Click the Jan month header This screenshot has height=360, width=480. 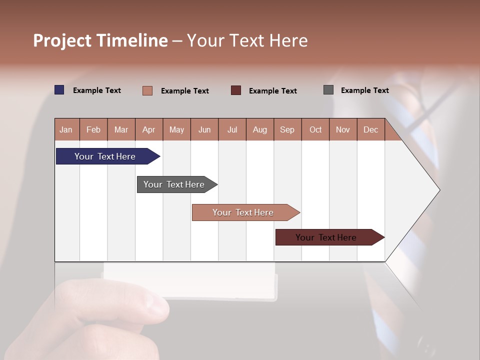(x=66, y=129)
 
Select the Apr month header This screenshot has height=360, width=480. (x=149, y=129)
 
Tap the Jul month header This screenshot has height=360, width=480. (x=232, y=129)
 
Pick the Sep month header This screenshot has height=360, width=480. (x=287, y=129)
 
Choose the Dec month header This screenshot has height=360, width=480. (x=370, y=129)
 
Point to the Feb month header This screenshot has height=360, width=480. (x=93, y=129)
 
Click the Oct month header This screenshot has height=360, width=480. (x=315, y=129)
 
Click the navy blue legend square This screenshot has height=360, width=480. (x=59, y=90)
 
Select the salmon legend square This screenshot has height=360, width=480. (x=147, y=90)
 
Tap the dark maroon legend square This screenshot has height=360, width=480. (x=236, y=90)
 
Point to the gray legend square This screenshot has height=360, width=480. (x=328, y=90)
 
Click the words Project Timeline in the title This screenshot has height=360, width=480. (x=100, y=40)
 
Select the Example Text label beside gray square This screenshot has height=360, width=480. (x=364, y=90)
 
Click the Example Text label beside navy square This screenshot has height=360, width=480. (x=97, y=90)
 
